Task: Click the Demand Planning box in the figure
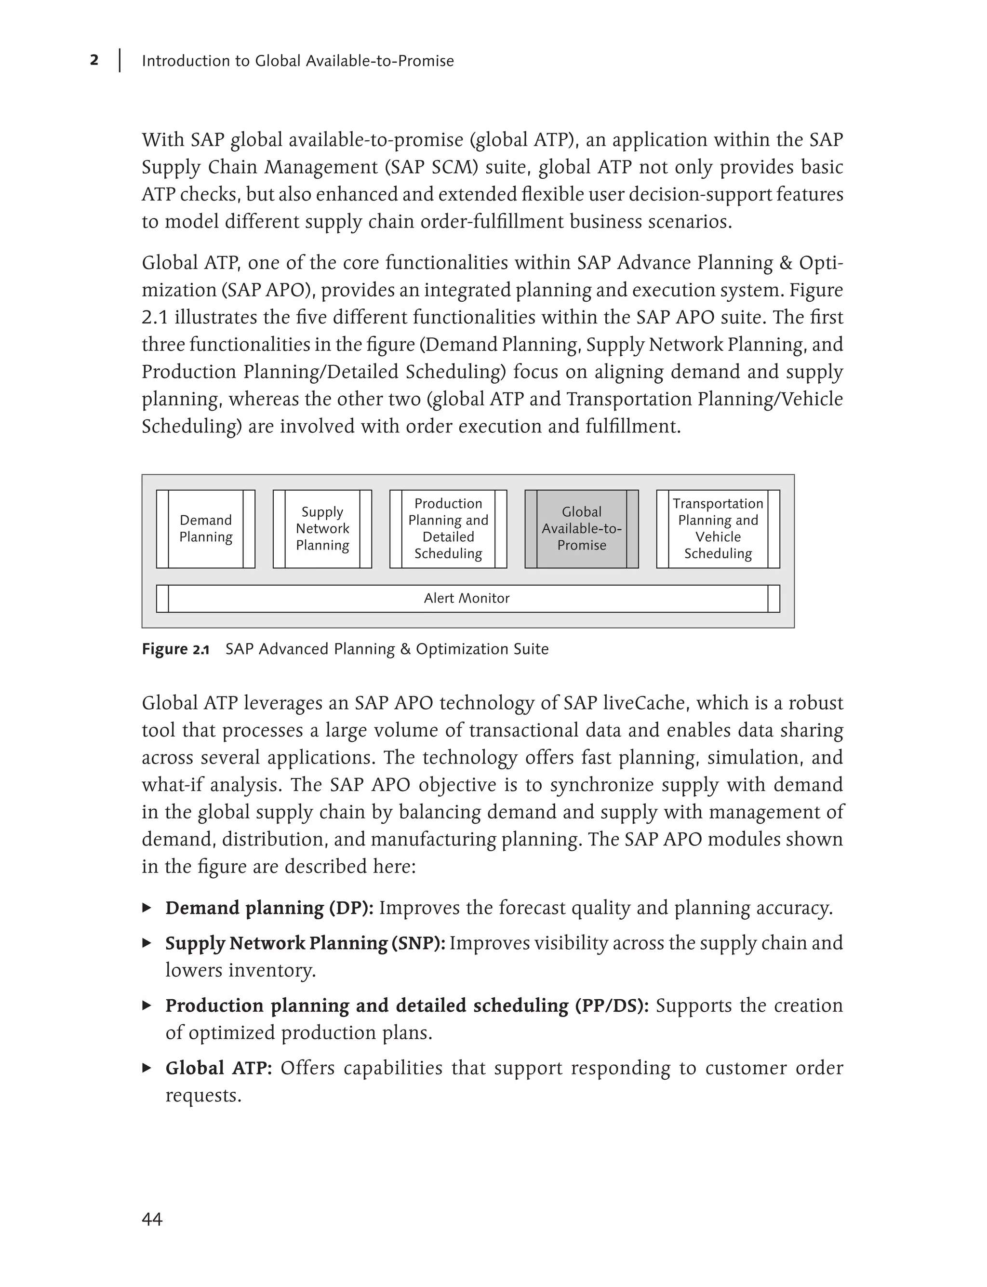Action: pos(206,529)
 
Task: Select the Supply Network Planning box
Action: pos(322,529)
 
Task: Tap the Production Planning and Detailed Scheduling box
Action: pos(448,529)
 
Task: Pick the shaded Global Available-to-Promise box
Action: pos(581,529)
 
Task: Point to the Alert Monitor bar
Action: pos(467,598)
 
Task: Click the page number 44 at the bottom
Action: pos(152,1220)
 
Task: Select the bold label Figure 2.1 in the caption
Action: pos(175,649)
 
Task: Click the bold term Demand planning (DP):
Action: pos(269,908)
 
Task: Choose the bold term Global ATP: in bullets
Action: pos(218,1068)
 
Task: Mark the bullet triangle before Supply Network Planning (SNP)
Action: pos(147,943)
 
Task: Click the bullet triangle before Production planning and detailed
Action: pos(147,1005)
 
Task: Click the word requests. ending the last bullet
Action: pos(203,1096)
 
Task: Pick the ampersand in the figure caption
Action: pos(405,649)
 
